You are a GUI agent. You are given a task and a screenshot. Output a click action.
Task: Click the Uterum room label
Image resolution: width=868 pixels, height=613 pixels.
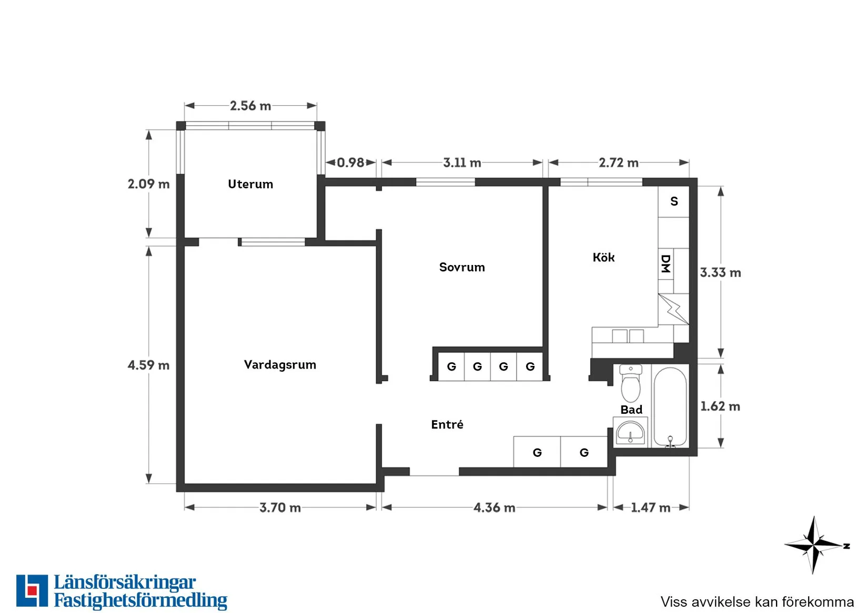tap(250, 184)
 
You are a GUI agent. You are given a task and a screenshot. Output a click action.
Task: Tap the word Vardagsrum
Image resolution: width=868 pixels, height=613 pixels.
tap(280, 364)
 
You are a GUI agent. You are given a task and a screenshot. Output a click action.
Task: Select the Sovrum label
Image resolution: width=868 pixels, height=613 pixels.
tap(462, 267)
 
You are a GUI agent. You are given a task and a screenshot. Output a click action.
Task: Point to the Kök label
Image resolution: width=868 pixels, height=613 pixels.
tap(603, 257)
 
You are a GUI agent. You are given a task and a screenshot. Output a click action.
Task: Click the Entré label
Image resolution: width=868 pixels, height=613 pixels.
tap(447, 424)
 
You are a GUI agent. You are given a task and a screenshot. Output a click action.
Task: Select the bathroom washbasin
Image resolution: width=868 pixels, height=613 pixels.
tap(630, 432)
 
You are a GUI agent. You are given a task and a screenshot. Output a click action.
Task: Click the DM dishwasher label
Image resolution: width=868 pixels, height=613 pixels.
tap(665, 264)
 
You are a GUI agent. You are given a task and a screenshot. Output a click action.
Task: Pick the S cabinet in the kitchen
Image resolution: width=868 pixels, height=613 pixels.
tap(674, 201)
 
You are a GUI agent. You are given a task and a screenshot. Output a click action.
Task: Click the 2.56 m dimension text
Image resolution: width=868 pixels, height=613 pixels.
tap(250, 106)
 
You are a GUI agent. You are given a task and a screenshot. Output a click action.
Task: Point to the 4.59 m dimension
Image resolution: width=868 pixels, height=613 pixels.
tap(148, 365)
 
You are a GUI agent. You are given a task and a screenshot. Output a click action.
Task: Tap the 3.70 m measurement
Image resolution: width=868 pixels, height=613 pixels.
tap(280, 507)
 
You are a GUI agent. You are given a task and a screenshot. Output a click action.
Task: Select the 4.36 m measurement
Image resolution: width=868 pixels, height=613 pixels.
tap(494, 507)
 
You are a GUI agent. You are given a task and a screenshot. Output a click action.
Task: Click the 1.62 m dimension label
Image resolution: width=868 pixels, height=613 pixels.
tap(720, 406)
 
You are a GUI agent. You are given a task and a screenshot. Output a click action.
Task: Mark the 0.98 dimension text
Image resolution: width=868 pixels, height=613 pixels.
tap(350, 162)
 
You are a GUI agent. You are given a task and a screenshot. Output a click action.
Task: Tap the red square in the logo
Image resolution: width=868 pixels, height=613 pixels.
tap(32, 590)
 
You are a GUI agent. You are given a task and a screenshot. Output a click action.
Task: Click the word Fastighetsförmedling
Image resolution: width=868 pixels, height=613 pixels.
tap(140, 600)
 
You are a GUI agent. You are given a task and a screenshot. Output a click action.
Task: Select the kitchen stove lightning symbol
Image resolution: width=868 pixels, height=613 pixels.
tap(673, 309)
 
